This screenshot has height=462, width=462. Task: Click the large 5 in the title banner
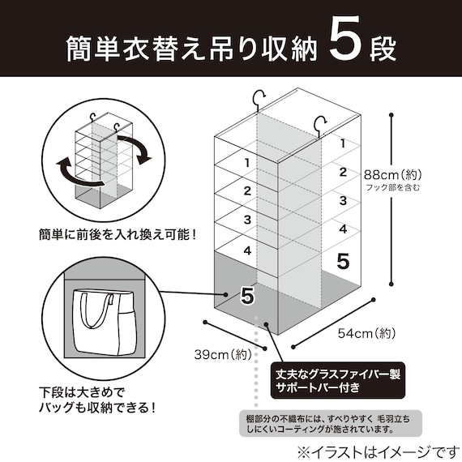click(x=344, y=38)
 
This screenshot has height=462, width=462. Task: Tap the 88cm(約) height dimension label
click(x=393, y=175)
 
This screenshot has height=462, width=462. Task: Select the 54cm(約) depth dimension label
click(x=366, y=334)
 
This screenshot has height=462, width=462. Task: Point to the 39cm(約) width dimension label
click(x=223, y=354)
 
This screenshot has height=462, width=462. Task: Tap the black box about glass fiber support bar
click(x=338, y=380)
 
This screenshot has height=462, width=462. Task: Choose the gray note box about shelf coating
click(x=331, y=423)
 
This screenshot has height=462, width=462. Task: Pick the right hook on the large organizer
click(x=321, y=126)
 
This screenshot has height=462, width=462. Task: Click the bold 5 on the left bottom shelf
click(x=247, y=296)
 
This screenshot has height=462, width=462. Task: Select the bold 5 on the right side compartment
click(x=343, y=261)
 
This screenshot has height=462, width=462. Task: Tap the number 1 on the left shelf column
click(x=247, y=163)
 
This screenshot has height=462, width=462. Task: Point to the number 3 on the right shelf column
click(x=343, y=201)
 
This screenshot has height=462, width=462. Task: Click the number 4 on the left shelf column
click(x=247, y=250)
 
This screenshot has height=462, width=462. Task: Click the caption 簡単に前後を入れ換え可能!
click(x=118, y=235)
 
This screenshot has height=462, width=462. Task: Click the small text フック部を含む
click(x=393, y=187)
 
